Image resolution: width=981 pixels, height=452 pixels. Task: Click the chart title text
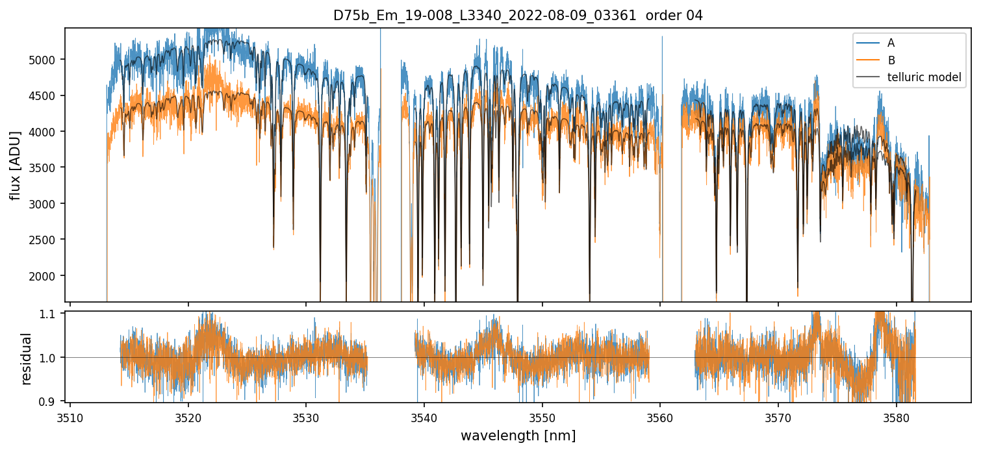pos(518,16)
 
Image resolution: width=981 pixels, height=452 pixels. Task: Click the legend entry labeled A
pos(891,43)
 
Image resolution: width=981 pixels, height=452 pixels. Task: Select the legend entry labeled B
pos(891,60)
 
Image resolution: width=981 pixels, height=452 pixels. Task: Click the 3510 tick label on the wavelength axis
pos(70,416)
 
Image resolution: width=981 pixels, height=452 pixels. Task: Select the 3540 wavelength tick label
pos(424,416)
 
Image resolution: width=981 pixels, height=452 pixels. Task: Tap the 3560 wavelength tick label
pos(660,416)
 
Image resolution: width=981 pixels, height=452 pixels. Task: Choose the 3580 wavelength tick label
pos(897,416)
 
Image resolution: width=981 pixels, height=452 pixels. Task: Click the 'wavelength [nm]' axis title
pos(518,435)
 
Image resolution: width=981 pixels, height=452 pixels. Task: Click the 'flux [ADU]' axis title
pos(15,165)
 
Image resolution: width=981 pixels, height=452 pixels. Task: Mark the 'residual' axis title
pos(27,358)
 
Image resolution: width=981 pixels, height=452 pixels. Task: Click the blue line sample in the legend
pos(867,43)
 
